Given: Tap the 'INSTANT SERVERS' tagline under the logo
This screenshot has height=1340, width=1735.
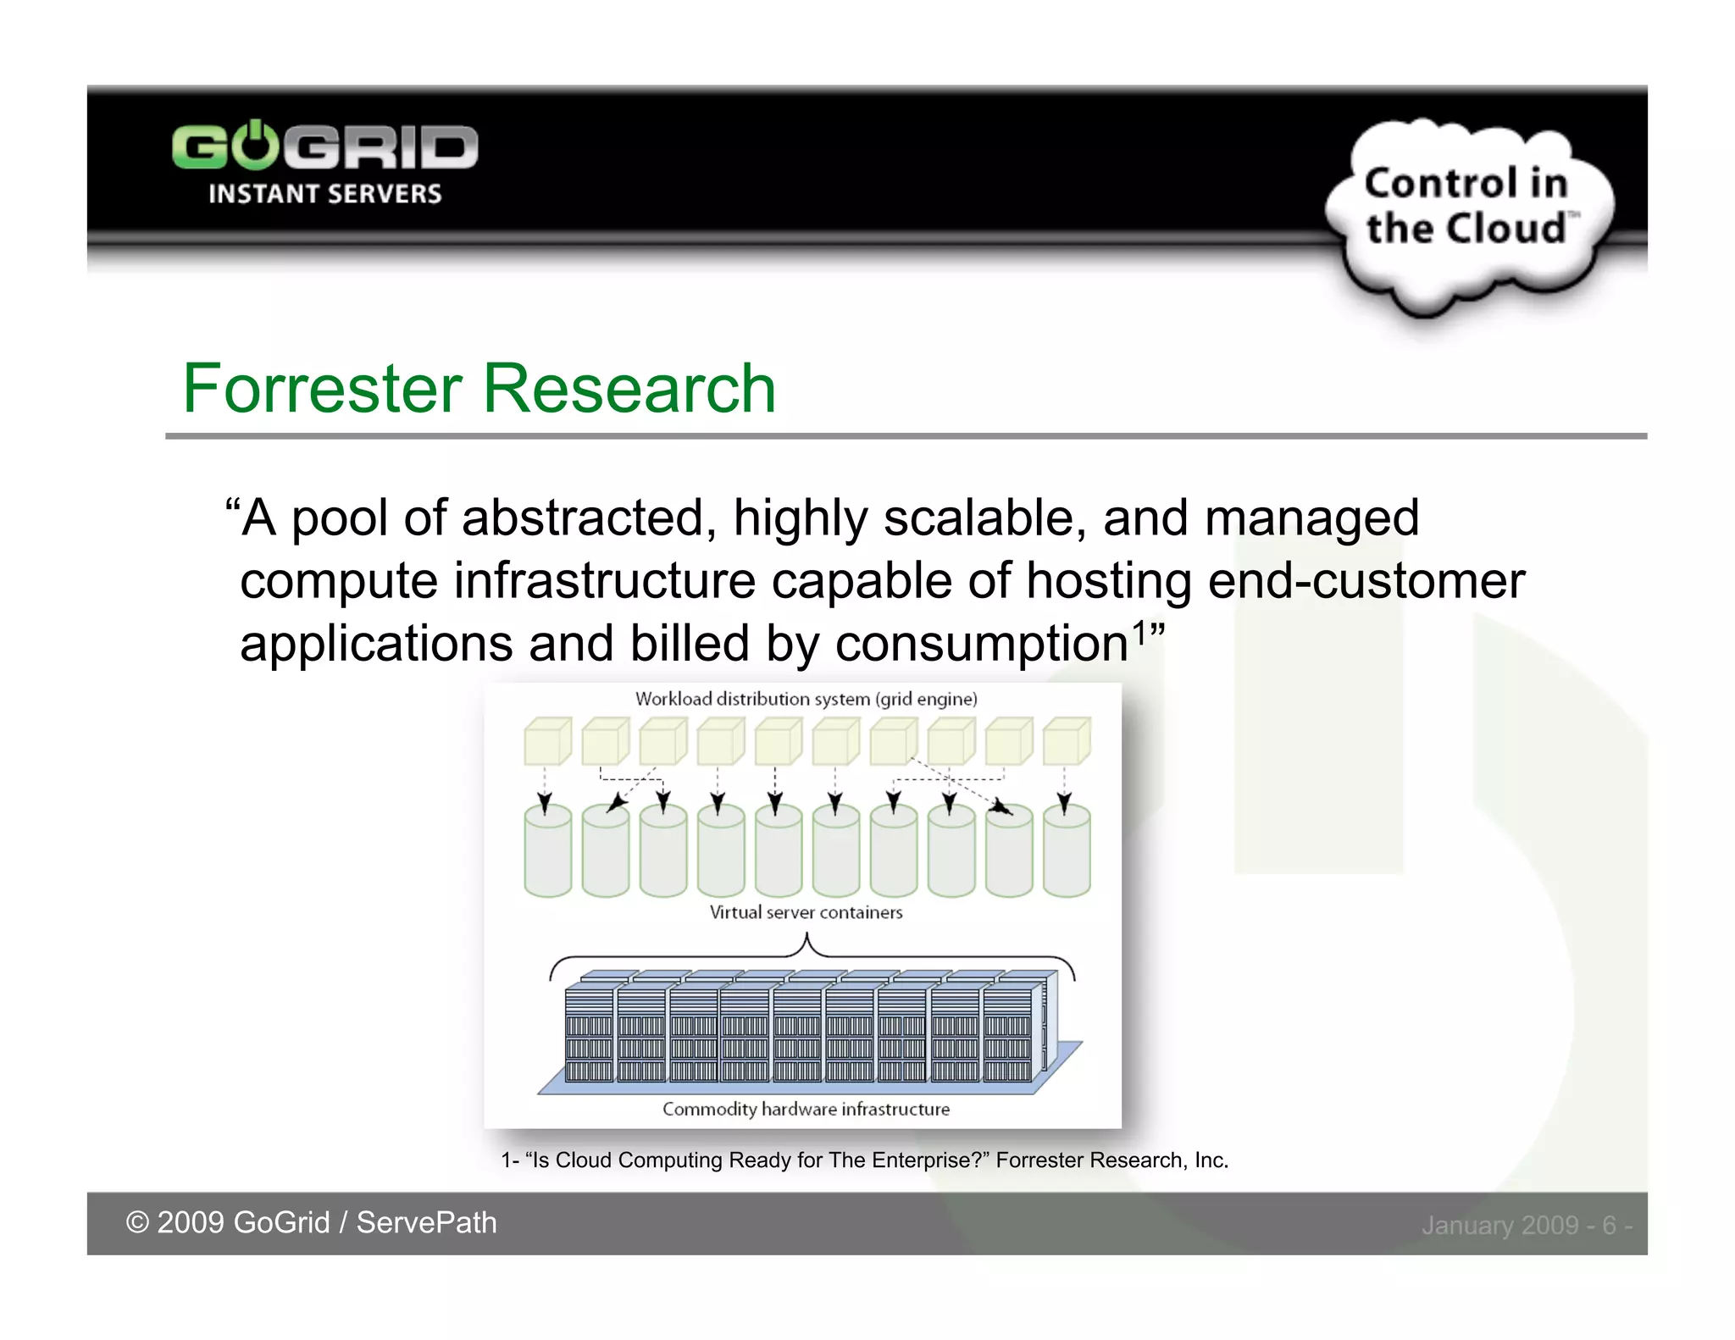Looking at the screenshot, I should [324, 194].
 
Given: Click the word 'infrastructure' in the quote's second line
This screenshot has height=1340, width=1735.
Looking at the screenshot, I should [604, 581].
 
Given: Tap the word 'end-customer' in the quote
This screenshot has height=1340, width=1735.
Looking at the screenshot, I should [1366, 581].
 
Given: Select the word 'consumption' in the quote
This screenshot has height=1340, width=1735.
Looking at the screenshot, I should [981, 644].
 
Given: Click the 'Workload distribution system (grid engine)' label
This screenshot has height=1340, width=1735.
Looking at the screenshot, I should [806, 699].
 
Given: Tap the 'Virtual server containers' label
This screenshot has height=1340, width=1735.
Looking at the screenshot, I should [806, 912].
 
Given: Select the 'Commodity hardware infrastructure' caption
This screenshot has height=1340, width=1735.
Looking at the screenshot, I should [806, 1109].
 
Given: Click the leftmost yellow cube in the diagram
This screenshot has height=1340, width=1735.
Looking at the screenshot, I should [546, 742].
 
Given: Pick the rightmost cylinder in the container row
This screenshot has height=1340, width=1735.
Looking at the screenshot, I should [1067, 851].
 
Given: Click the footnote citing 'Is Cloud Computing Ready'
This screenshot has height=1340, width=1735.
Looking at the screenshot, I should [864, 1160].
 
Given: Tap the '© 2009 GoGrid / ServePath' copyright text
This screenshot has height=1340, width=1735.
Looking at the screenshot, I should [311, 1222].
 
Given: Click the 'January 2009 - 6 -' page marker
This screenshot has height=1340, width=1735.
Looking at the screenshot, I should [1526, 1225].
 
